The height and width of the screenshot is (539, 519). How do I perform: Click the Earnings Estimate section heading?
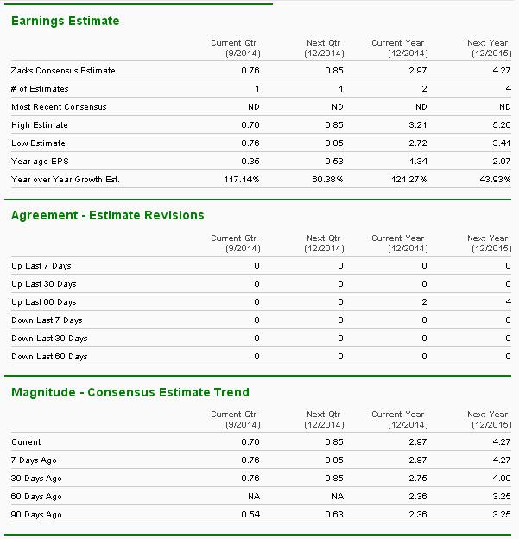coord(66,21)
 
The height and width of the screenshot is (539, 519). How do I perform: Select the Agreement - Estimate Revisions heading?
coord(108,215)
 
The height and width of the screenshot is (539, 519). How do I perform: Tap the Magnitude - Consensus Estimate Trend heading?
coord(130,392)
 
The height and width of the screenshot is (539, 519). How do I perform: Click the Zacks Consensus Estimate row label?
coord(63,71)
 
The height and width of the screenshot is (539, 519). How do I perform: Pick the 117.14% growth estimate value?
coord(241,180)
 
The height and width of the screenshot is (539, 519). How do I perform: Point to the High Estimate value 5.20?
coord(500,125)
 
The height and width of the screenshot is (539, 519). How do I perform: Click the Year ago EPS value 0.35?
coord(250,162)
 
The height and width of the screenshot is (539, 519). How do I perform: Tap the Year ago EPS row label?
coord(37,162)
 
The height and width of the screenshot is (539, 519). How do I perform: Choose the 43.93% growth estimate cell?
coord(495,180)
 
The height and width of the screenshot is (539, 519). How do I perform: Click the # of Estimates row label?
coord(40,89)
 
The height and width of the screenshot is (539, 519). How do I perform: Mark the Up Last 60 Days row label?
coord(44,302)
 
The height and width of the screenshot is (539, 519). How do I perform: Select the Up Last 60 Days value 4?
coord(508,302)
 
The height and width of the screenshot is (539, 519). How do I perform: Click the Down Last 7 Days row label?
coord(47,320)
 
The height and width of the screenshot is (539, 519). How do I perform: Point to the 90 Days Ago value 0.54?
coord(250,515)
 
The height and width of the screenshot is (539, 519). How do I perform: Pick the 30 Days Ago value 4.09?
coord(500,479)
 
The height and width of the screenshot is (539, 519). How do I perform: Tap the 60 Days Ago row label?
coord(36,497)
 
